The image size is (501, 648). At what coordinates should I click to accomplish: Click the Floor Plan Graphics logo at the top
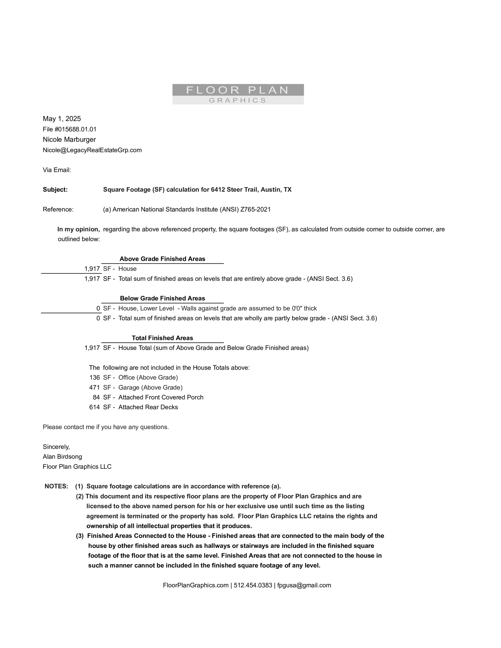[x=238, y=94]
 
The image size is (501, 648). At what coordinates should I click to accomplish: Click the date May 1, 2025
[x=62, y=119]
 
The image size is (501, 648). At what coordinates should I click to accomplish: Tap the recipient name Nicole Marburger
[x=69, y=140]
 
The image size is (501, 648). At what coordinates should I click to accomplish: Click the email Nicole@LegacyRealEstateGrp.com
[x=92, y=150]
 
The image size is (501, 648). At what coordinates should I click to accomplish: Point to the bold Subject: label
[x=55, y=190]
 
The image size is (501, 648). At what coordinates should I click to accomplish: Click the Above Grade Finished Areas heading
[x=162, y=259]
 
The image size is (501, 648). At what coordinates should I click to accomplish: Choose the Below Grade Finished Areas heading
[x=162, y=298]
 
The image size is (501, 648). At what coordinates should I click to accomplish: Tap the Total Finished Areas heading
[x=162, y=338]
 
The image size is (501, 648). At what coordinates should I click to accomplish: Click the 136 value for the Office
[x=94, y=377]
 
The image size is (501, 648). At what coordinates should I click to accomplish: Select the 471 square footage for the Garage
[x=94, y=387]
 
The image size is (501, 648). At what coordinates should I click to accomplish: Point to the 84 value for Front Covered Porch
[x=96, y=397]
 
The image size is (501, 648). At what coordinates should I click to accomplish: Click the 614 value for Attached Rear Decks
[x=94, y=407]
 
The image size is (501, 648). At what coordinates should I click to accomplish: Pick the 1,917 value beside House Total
[x=92, y=348]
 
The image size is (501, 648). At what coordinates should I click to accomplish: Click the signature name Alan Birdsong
[x=62, y=457]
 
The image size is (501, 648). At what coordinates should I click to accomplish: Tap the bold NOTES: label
[x=56, y=486]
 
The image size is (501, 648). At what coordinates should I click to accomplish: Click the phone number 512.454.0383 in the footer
[x=253, y=585]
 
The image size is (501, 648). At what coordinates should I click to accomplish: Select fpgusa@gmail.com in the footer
[x=304, y=585]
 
